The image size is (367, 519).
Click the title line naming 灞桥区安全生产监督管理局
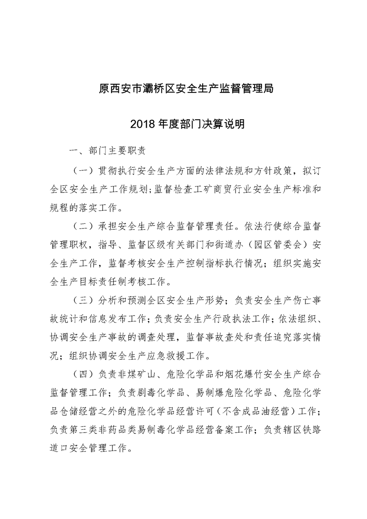coord(184,88)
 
